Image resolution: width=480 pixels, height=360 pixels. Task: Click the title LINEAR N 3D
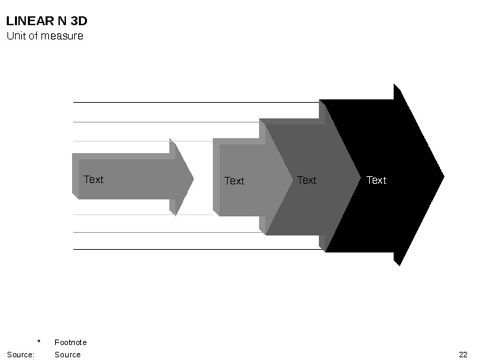[x=47, y=21]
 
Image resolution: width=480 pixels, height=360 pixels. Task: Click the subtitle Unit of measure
[x=45, y=35]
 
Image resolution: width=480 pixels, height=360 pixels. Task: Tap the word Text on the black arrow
[x=376, y=180]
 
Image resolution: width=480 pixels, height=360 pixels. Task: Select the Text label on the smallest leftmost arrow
[x=93, y=180]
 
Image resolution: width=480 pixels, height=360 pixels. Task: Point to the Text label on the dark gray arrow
[x=307, y=180]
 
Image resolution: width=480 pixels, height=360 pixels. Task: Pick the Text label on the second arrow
[x=234, y=181]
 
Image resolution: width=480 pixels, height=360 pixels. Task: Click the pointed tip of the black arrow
[x=443, y=176]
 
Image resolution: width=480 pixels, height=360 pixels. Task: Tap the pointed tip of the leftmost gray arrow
[x=193, y=179]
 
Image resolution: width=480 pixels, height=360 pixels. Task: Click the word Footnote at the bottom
[x=71, y=342]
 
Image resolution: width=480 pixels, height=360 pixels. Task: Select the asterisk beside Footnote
[x=39, y=342]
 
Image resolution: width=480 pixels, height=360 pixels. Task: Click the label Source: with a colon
[x=20, y=355]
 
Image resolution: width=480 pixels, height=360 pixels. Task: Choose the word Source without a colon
[x=67, y=355]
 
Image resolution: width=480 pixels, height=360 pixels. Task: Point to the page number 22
[x=463, y=355]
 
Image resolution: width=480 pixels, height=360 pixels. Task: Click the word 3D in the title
[x=79, y=21]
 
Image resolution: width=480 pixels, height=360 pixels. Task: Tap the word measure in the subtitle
[x=65, y=35]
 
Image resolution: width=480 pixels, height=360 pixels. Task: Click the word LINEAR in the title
[x=27, y=21]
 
